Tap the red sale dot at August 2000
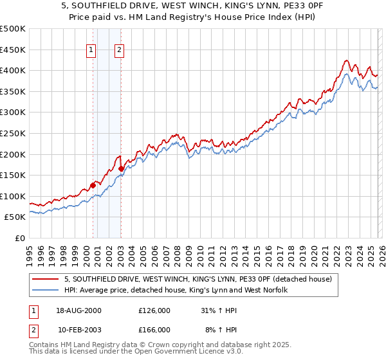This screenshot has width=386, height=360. pos(93,185)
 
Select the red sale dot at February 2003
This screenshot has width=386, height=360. pos(121,168)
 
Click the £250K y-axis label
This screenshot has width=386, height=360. pos(13,133)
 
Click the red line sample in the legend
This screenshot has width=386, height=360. pos(46,279)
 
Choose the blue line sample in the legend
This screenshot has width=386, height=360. pos(46,290)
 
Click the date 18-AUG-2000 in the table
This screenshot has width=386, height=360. pos(80,310)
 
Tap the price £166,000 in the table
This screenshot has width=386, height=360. pos(154,329)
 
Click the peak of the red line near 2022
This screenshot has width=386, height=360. pos(345,61)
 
